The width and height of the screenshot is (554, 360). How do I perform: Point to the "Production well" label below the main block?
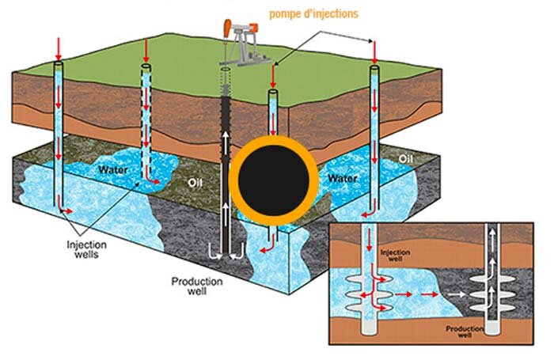(x=197, y=286)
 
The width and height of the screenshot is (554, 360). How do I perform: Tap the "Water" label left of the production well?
(x=114, y=169)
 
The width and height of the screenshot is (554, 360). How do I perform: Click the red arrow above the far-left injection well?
(x=57, y=48)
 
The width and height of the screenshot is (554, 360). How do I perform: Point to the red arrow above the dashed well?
(x=146, y=52)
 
